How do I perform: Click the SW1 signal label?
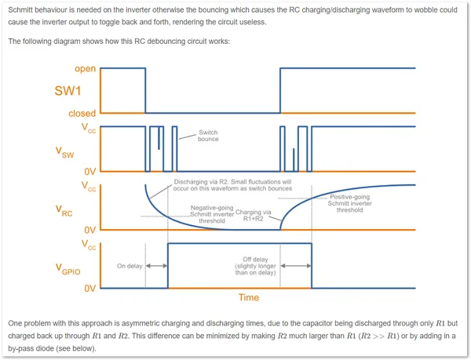coord(68,91)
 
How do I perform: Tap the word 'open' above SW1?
coord(86,69)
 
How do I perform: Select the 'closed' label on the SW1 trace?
coord(82,114)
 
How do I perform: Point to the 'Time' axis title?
coord(248,297)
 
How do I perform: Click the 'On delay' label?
coord(130,266)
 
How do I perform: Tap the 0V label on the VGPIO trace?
coord(89,289)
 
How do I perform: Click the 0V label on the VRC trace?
coord(89,230)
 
